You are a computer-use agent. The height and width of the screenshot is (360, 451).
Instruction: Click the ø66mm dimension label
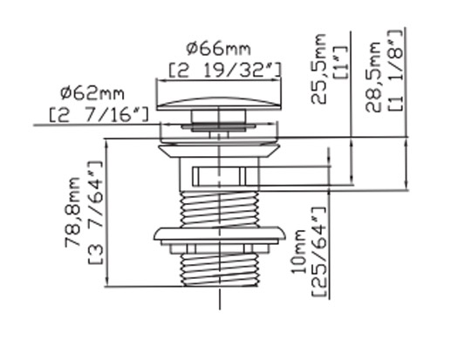coord(218,49)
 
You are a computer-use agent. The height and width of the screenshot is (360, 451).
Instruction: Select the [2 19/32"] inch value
coord(225,70)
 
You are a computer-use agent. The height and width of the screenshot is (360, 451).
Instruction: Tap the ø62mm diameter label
coord(92,93)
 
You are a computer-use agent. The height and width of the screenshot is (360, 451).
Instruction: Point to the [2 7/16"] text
coord(99,114)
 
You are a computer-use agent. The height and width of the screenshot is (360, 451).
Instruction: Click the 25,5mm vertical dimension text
coord(318,69)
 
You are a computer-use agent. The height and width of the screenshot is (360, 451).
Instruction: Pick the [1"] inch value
coord(341,62)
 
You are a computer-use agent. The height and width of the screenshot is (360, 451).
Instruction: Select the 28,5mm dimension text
coord(373,78)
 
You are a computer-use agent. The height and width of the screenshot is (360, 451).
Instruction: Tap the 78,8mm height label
coord(72,212)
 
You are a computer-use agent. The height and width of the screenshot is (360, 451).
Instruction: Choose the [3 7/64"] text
coord(95,212)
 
